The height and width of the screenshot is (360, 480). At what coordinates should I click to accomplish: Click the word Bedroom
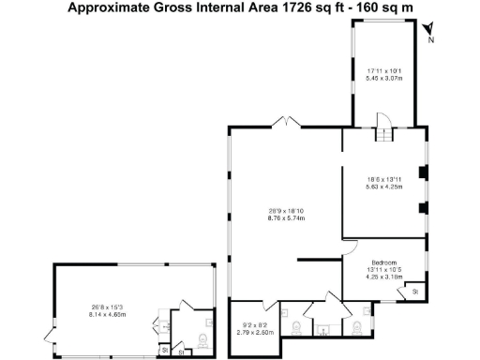tap(384, 262)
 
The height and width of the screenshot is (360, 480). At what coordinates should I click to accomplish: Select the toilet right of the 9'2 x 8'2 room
tap(297, 325)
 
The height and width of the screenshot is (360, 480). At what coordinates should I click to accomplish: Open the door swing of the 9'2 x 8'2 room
tap(271, 305)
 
